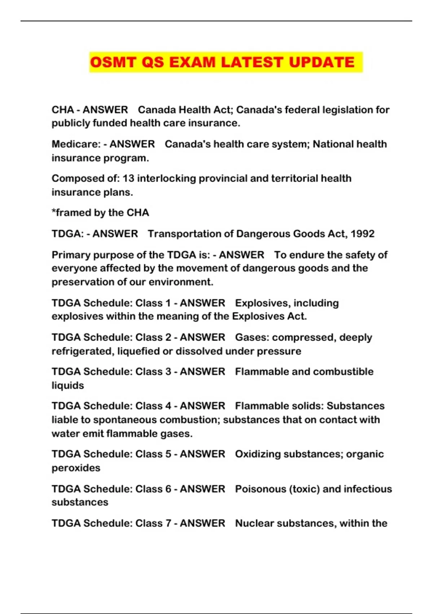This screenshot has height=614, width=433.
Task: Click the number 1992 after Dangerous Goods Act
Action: (x=362, y=234)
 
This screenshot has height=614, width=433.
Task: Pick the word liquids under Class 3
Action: (x=67, y=385)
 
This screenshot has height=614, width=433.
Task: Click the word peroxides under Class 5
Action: (x=76, y=468)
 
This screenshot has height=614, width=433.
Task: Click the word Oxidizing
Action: (x=258, y=454)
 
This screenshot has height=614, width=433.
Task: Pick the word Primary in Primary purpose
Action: (x=71, y=255)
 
